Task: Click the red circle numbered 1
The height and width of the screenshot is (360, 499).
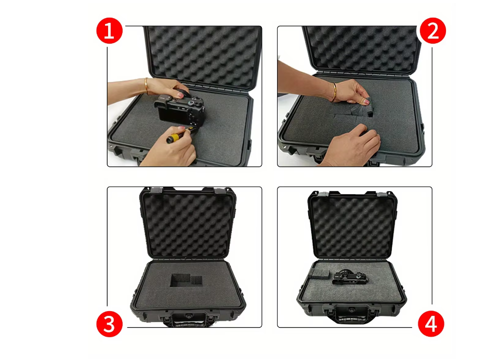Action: pyautogui.click(x=109, y=31)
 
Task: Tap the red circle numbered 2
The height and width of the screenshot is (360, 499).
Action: pyautogui.click(x=432, y=31)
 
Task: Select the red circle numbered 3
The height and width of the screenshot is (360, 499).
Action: pyautogui.click(x=109, y=324)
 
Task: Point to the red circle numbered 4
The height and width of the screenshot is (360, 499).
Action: pyautogui.click(x=431, y=324)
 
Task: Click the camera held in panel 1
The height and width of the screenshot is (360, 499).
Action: pyautogui.click(x=180, y=110)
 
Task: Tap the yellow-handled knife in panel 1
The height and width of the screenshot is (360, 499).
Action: pyautogui.click(x=179, y=135)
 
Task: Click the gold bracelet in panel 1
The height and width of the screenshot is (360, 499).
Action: pyautogui.click(x=146, y=86)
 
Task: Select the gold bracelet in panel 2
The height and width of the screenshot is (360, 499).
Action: pyautogui.click(x=334, y=92)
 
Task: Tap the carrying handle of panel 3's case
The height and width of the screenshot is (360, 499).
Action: pyautogui.click(x=189, y=319)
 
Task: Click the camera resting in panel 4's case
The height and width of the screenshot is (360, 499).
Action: pyautogui.click(x=350, y=277)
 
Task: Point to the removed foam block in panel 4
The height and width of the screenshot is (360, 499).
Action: pyautogui.click(x=319, y=274)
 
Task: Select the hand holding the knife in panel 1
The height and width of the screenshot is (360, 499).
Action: pyautogui.click(x=168, y=146)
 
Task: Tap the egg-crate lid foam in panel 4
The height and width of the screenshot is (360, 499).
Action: pyautogui.click(x=352, y=228)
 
